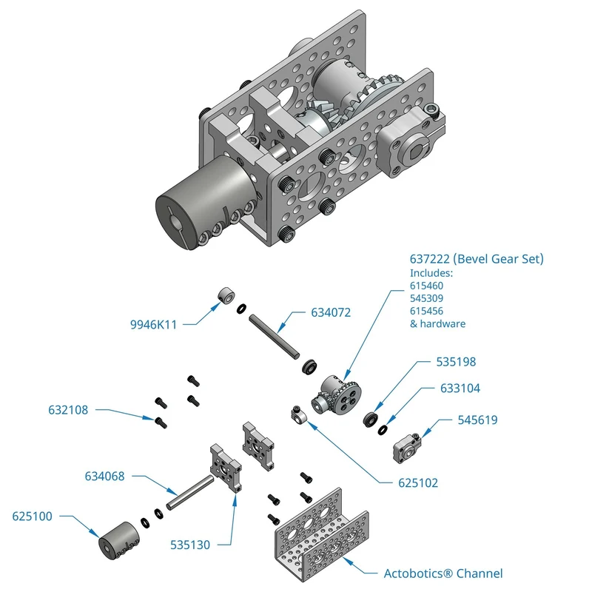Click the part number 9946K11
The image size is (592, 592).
pos(153,325)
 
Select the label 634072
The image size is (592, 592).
pos(331,312)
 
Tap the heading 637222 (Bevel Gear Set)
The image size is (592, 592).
pos(477,259)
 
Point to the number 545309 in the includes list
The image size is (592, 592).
pos(427,298)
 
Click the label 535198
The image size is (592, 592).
pos(456,362)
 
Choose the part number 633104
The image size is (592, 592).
pos(460,388)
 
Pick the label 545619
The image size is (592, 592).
pos(477,420)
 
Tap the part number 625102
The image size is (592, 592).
pos(418,483)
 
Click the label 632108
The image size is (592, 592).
pos(68,410)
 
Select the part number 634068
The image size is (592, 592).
pos(104,477)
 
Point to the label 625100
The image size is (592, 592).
pos(32,516)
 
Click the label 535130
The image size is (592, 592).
pos(190,545)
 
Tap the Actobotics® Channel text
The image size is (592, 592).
pos(443,573)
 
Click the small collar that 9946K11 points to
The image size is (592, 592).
pos(226,295)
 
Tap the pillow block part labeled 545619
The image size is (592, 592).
pos(407,448)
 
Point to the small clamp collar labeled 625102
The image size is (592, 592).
pos(299,414)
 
